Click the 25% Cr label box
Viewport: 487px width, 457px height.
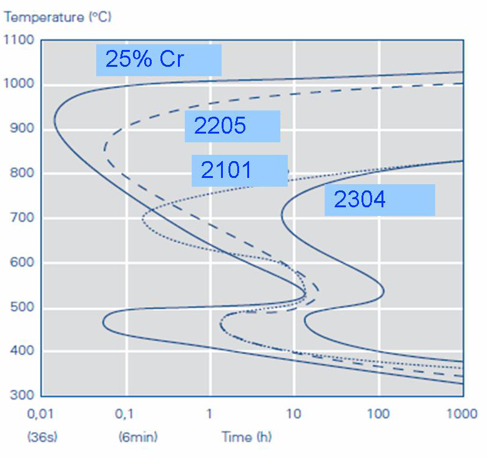click(159, 60)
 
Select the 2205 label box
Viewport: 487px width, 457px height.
click(232, 126)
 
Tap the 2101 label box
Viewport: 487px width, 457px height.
click(239, 170)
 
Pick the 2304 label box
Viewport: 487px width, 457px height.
click(379, 200)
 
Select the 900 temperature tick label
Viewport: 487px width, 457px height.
click(21, 129)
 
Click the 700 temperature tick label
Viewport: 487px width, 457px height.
click(21, 219)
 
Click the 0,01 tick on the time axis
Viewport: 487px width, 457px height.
click(42, 414)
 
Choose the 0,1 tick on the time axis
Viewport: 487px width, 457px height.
click(127, 414)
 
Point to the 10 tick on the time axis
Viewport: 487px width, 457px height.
click(293, 414)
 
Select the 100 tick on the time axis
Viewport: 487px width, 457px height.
click(378, 414)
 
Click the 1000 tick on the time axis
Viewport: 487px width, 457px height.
click(461, 414)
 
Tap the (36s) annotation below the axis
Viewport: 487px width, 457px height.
click(42, 437)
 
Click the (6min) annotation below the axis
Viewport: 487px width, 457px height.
click(138, 437)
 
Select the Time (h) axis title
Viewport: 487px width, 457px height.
click(247, 437)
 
